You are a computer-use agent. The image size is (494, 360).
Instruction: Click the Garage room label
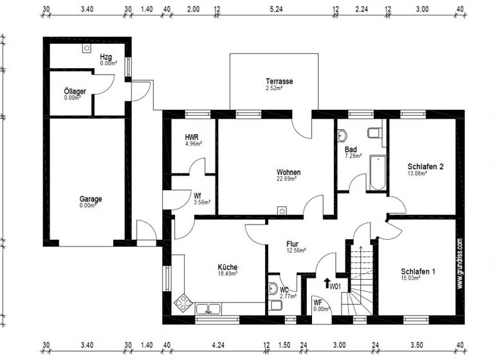90,199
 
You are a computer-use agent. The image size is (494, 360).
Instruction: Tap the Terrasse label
279,82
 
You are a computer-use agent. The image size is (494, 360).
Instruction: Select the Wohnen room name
288,172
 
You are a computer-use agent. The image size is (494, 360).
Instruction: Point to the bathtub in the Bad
378,172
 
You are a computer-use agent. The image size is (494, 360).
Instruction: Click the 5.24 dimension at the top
276,10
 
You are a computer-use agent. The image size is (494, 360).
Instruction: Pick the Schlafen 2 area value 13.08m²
417,173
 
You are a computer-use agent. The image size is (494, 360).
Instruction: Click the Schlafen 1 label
417,272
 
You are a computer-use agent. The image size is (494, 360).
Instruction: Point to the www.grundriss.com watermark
459,264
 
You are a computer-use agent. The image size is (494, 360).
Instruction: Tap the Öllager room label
75,92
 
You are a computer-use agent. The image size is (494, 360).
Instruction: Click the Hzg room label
106,57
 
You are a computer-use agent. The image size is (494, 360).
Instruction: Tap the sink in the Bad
342,136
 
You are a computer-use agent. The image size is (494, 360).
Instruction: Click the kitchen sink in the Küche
208,309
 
